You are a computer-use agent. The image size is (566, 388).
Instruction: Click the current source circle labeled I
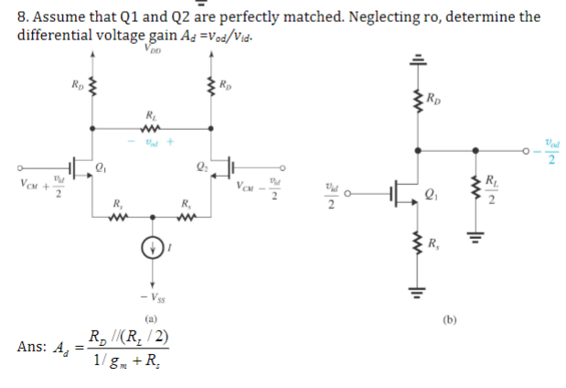point(153,247)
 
